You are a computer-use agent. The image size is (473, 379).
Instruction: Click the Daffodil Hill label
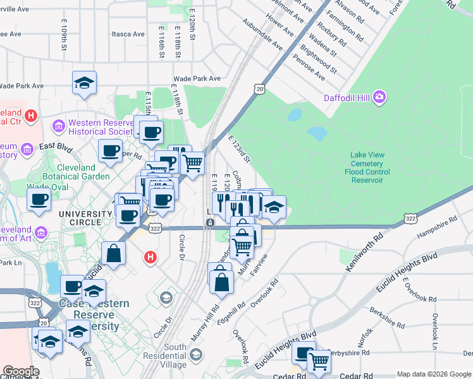coord(347,98)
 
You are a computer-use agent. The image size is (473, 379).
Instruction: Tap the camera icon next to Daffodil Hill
coord(379,97)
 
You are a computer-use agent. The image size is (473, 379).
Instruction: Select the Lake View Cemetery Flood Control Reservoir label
coord(372,167)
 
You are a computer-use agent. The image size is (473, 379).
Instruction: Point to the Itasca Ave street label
coord(128,33)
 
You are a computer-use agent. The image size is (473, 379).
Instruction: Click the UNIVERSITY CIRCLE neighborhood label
coord(85,214)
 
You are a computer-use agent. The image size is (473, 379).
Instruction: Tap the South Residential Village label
coord(166,356)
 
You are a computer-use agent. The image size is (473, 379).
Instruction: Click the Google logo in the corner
coord(20,371)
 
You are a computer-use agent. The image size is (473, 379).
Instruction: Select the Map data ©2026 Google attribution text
coord(433,374)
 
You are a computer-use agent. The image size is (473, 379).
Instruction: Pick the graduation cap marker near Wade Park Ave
coord(84,83)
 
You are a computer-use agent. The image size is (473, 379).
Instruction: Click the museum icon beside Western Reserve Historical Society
coord(59,126)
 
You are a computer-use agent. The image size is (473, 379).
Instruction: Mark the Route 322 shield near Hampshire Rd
coord(410,219)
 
